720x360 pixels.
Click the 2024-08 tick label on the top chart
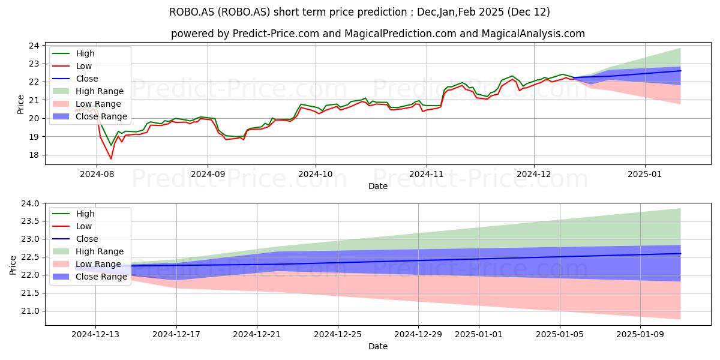tap(97, 174)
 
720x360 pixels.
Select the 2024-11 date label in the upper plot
tap(426, 174)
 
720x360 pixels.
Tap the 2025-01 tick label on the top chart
tap(645, 174)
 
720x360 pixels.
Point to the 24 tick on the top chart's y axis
tap(34, 46)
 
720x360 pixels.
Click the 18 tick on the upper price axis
tap(34, 155)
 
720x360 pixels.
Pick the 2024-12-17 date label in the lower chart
tap(176, 335)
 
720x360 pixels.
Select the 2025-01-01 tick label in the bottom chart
tap(479, 335)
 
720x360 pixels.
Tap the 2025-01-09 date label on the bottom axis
tap(640, 335)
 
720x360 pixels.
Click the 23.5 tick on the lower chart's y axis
tap(30, 221)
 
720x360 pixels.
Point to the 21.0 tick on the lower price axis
tap(30, 311)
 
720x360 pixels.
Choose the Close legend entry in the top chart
tap(75, 79)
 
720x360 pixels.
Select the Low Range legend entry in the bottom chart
tap(87, 264)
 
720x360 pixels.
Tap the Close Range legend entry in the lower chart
tap(89, 277)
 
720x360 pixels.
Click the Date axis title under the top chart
tap(378, 186)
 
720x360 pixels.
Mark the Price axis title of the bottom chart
tap(13, 265)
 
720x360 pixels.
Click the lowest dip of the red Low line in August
tap(111, 159)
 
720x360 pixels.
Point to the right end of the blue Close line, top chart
tap(680, 71)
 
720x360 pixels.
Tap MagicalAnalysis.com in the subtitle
tap(533, 34)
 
